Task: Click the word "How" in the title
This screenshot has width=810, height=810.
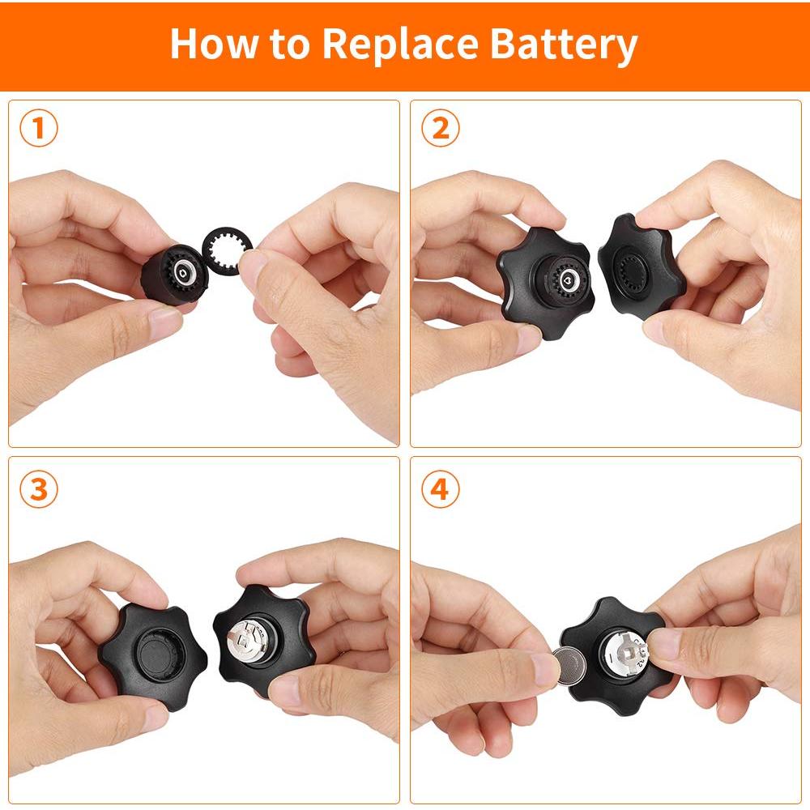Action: click(x=213, y=44)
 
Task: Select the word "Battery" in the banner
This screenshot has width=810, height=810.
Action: click(x=564, y=45)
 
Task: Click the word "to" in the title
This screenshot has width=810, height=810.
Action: click(x=290, y=45)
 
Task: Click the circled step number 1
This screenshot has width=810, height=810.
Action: click(x=39, y=128)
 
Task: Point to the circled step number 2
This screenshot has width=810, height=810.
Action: click(x=440, y=128)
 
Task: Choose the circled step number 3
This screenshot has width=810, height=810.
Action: click(x=39, y=488)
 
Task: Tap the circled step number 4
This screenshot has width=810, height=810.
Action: click(x=440, y=488)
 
